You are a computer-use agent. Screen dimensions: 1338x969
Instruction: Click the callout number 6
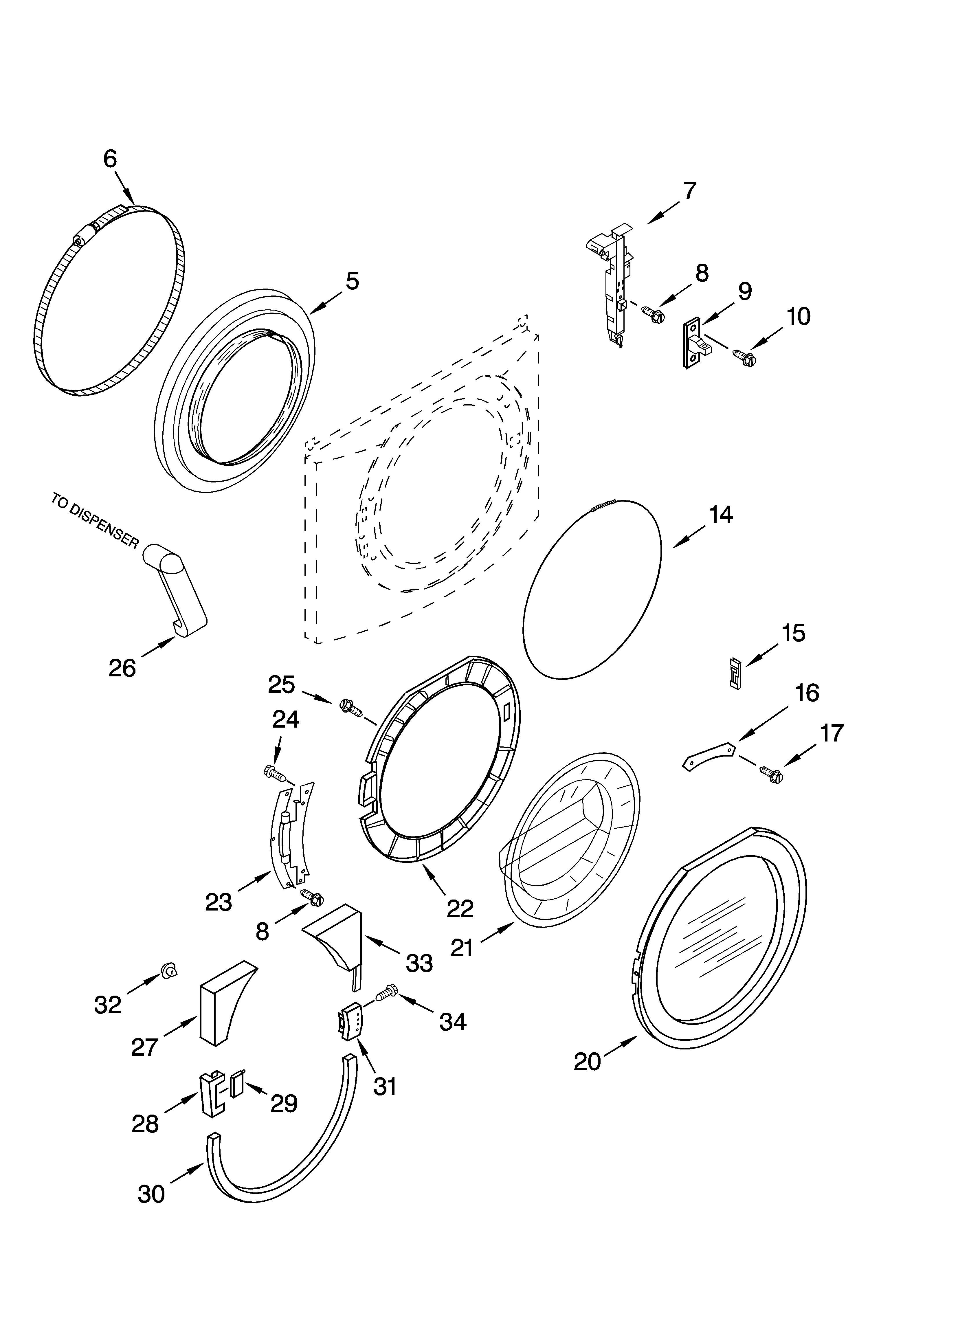coord(110,159)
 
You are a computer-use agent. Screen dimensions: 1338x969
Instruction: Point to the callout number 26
coord(122,668)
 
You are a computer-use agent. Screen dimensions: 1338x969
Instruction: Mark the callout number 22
coord(460,909)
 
